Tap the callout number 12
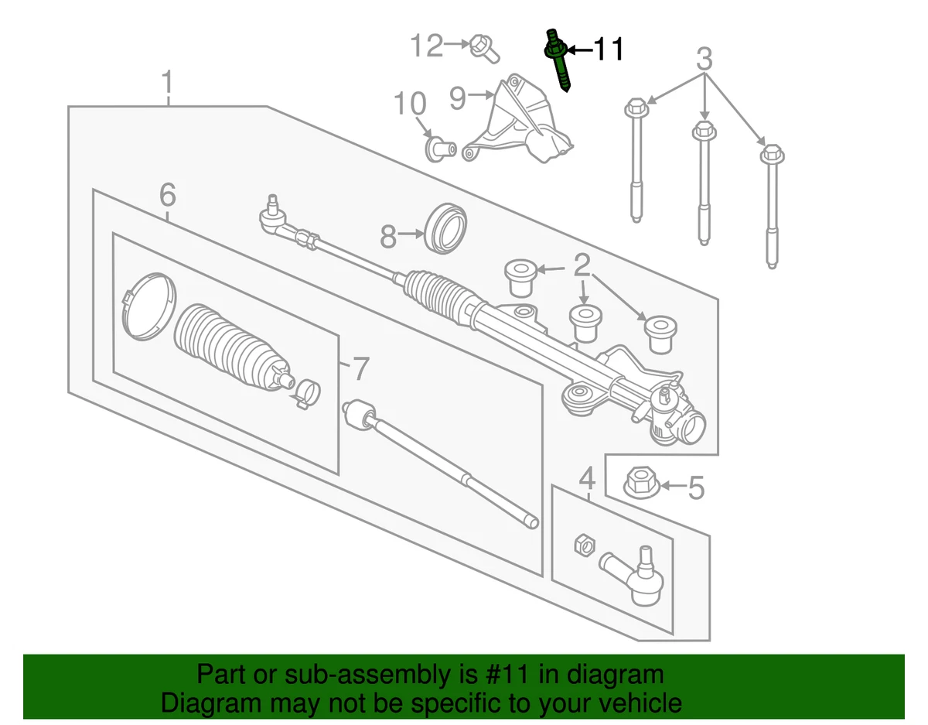[426, 46]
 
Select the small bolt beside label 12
[483, 48]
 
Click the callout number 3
[704, 58]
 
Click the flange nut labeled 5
[639, 484]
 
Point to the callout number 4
[587, 477]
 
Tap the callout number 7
[360, 369]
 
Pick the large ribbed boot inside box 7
[228, 348]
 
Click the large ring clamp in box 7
[148, 306]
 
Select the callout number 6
[168, 195]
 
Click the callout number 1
[168, 83]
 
